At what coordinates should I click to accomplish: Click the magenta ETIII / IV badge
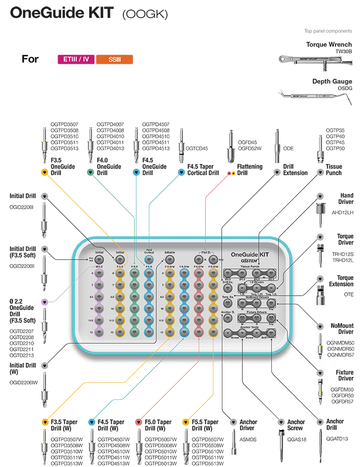pyautogui.click(x=76, y=60)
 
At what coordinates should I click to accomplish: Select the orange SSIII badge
pyautogui.click(x=114, y=60)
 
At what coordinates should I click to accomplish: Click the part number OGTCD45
pyautogui.click(x=197, y=149)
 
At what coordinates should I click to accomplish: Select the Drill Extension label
pyautogui.click(x=295, y=170)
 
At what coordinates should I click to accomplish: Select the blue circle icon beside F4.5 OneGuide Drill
pyautogui.click(x=136, y=171)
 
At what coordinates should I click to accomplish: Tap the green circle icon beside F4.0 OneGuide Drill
pyautogui.click(x=90, y=171)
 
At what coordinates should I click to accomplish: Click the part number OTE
pyautogui.click(x=348, y=294)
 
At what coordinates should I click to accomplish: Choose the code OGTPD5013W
pyautogui.click(x=160, y=463)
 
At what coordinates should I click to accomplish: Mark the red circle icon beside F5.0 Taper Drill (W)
pyautogui.click(x=138, y=422)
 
